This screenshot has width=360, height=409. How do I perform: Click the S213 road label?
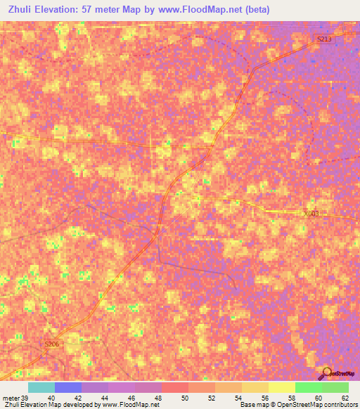(323, 40)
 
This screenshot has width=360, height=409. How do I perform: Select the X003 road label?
(311, 214)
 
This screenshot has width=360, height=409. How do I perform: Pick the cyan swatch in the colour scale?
(41, 387)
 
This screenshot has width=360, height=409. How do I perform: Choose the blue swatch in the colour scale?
(68, 387)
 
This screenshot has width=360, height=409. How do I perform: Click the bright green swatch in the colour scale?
(309, 387)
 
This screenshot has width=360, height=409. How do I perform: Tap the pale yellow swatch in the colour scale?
(282, 387)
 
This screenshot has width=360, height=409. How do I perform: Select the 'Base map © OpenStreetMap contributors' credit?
(297, 405)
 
